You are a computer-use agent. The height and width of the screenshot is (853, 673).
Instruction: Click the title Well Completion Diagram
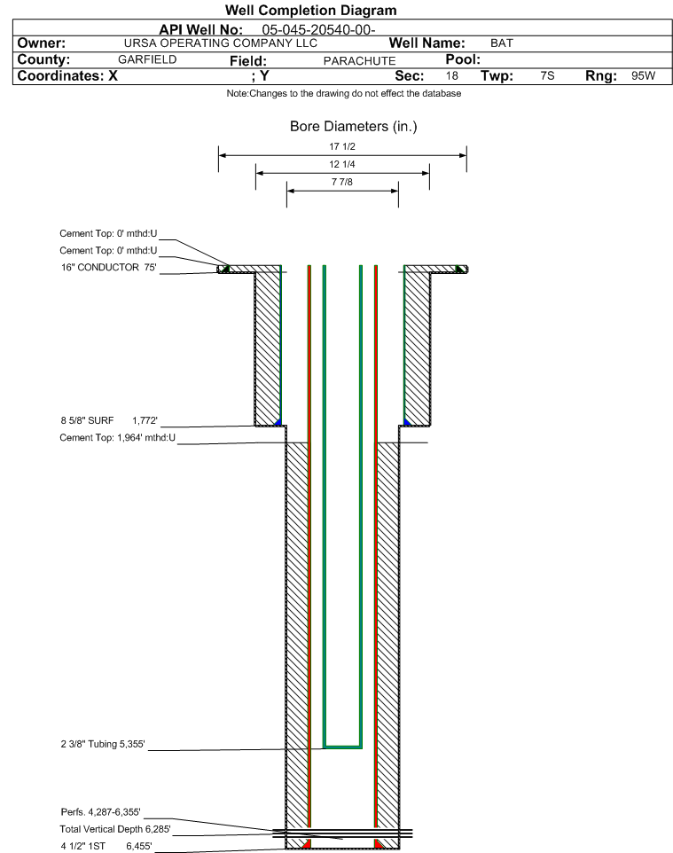pos(311,11)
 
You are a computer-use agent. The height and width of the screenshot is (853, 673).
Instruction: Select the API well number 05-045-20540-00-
pos(319,29)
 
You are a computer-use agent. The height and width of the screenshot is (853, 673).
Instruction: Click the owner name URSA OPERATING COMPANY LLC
pos(221,43)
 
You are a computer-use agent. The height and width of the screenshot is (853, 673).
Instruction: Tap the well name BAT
pos(502,43)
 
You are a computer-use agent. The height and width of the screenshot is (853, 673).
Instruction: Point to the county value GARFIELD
pos(147,59)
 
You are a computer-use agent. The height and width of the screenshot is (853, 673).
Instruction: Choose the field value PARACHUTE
pos(360,60)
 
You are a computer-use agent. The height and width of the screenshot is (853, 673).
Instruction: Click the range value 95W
pos(644,75)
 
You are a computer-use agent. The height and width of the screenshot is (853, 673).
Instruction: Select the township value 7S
pos(547,75)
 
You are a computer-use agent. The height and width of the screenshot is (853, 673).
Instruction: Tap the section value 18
pos(452,75)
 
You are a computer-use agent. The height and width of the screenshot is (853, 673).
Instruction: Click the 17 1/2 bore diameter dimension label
pos(342,146)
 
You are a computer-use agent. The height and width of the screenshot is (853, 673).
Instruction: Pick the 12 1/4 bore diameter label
pos(342,164)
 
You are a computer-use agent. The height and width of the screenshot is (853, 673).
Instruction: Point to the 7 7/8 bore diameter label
pos(342,182)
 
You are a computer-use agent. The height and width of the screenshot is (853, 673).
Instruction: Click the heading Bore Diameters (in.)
pos(354,126)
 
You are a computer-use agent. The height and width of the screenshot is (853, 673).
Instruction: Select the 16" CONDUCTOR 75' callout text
pos(109,267)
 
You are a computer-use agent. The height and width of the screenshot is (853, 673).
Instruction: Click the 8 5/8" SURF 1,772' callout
pos(109,420)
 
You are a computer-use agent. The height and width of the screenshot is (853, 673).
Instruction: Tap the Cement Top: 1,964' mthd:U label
pos(118,437)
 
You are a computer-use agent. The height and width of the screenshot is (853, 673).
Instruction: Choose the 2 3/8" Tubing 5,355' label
pos(103,744)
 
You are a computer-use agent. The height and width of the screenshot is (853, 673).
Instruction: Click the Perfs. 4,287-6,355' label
pos(101,812)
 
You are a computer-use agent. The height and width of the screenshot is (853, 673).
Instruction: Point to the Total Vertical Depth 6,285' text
pos(115,829)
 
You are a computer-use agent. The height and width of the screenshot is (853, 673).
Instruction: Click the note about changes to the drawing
pos(344,94)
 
